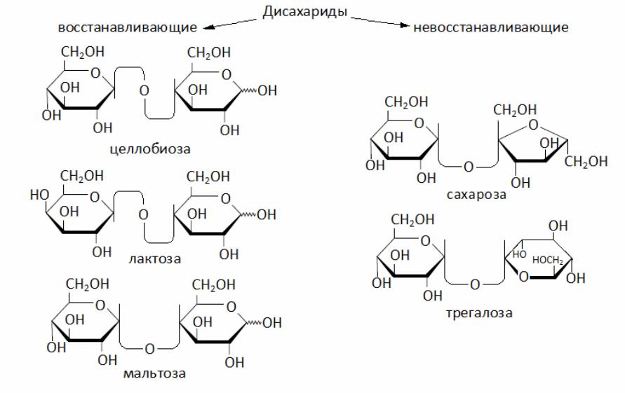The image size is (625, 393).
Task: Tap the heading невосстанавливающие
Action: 491,28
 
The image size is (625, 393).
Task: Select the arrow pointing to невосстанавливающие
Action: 382,23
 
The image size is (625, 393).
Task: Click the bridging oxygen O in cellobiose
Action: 145,91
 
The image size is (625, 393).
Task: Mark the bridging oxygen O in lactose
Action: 144,214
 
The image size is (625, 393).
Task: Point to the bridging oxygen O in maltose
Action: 149,348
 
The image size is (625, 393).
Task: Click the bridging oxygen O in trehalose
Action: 475,284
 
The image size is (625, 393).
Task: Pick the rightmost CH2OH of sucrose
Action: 586,163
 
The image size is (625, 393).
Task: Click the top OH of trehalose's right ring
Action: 558,226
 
